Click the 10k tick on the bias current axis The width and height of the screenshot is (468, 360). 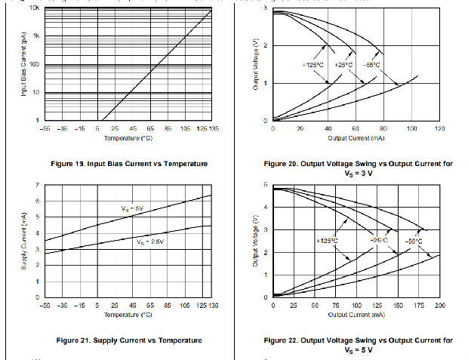pos(35,8)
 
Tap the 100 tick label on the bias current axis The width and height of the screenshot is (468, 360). pos(35,64)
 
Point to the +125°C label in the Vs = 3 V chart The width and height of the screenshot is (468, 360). pos(313,65)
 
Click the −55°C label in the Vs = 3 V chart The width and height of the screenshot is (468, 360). pos(372,65)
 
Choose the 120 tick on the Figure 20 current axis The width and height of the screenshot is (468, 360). pos(439,128)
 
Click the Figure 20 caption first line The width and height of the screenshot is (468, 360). pos(359,164)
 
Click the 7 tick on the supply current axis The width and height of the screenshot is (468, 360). pos(38,185)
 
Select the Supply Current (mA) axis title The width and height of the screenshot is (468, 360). pos(23,242)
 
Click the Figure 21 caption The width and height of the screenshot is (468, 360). pos(129,340)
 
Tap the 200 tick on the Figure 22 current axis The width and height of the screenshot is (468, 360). pos(440,305)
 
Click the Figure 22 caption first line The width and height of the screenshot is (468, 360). pos(359,340)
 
